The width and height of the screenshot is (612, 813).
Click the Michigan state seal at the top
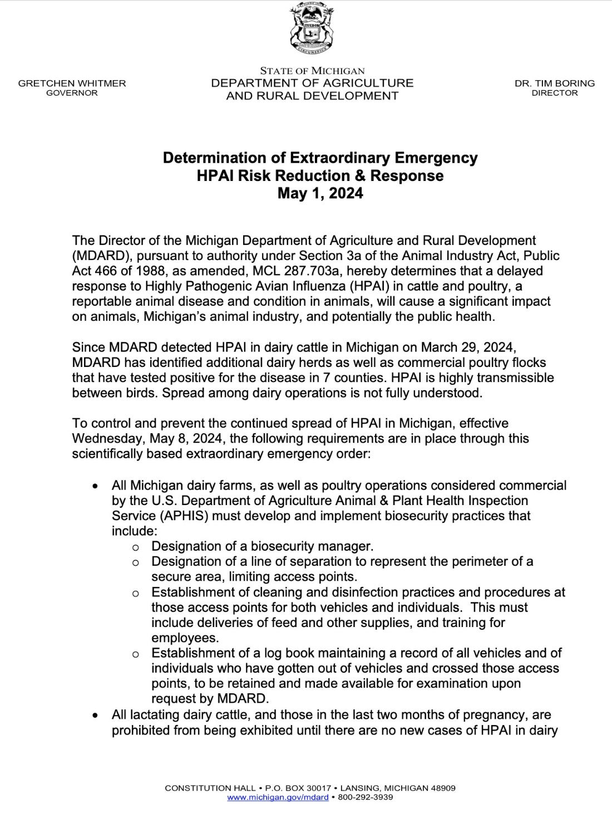pos(312,28)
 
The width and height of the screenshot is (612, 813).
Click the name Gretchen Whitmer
pos(72,84)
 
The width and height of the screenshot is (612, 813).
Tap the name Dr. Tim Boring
pos(554,84)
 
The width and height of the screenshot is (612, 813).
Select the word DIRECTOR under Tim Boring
pos(554,93)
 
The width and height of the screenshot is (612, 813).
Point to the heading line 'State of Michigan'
pos(312,71)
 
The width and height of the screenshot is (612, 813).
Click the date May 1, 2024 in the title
pos(320,194)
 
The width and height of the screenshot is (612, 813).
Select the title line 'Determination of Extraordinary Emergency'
pos(320,158)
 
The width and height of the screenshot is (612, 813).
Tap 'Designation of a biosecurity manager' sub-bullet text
pos(262,546)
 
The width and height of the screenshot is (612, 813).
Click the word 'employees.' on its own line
pos(185,638)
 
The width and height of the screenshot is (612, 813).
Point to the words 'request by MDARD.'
pos(210,699)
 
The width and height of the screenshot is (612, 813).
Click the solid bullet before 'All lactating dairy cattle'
pos(97,714)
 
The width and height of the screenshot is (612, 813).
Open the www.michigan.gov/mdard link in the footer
pos(278,797)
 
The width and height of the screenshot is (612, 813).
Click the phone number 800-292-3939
pos(366,797)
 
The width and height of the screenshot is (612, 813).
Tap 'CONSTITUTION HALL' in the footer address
pos(211,788)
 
